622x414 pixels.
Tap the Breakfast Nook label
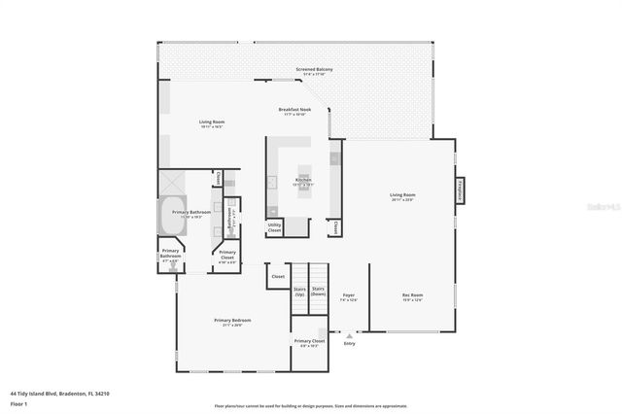(x=294, y=111)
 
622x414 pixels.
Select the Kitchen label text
(x=303, y=181)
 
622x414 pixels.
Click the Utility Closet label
(x=275, y=227)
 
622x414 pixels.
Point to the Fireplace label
(x=459, y=190)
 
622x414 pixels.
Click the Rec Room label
(x=413, y=295)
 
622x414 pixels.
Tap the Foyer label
(x=349, y=295)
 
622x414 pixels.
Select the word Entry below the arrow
(x=349, y=343)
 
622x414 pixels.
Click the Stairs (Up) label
(x=300, y=292)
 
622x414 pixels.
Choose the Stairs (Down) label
(x=318, y=292)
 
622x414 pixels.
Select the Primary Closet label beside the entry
(x=310, y=341)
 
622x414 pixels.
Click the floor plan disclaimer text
(x=310, y=406)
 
